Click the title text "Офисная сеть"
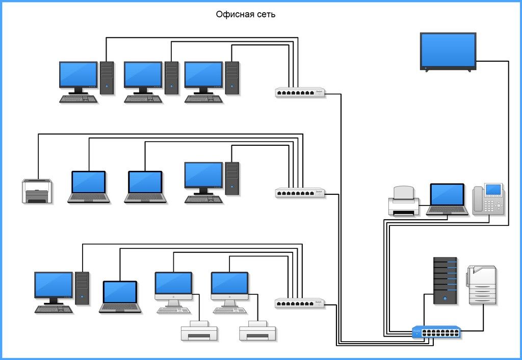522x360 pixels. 245,15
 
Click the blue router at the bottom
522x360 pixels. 436,332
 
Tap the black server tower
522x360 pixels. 445,280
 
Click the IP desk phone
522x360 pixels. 488,198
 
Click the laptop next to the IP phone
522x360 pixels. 447,199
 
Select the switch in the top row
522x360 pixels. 300,92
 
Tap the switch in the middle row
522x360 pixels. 300,192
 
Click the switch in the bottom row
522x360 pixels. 300,302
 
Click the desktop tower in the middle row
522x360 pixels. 232,178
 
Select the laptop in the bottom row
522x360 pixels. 120,296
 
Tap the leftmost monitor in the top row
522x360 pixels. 78,75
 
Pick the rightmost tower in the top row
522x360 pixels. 232,78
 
